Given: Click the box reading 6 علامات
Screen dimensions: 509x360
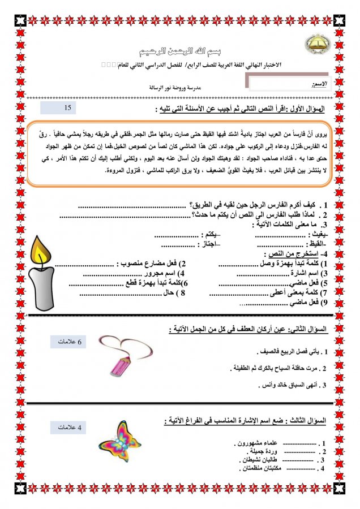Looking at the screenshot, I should [x=68, y=342].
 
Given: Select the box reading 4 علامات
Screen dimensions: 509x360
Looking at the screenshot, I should [x=68, y=428].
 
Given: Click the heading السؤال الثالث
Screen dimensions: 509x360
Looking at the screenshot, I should [x=306, y=421].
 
